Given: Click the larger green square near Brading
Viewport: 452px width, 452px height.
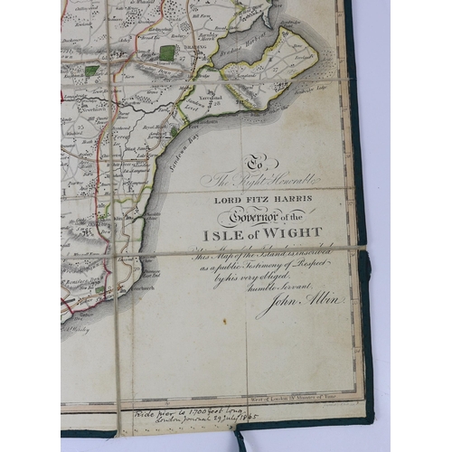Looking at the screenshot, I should pos(167,53).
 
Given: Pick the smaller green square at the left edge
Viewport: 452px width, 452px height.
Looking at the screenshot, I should pos(91,70).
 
